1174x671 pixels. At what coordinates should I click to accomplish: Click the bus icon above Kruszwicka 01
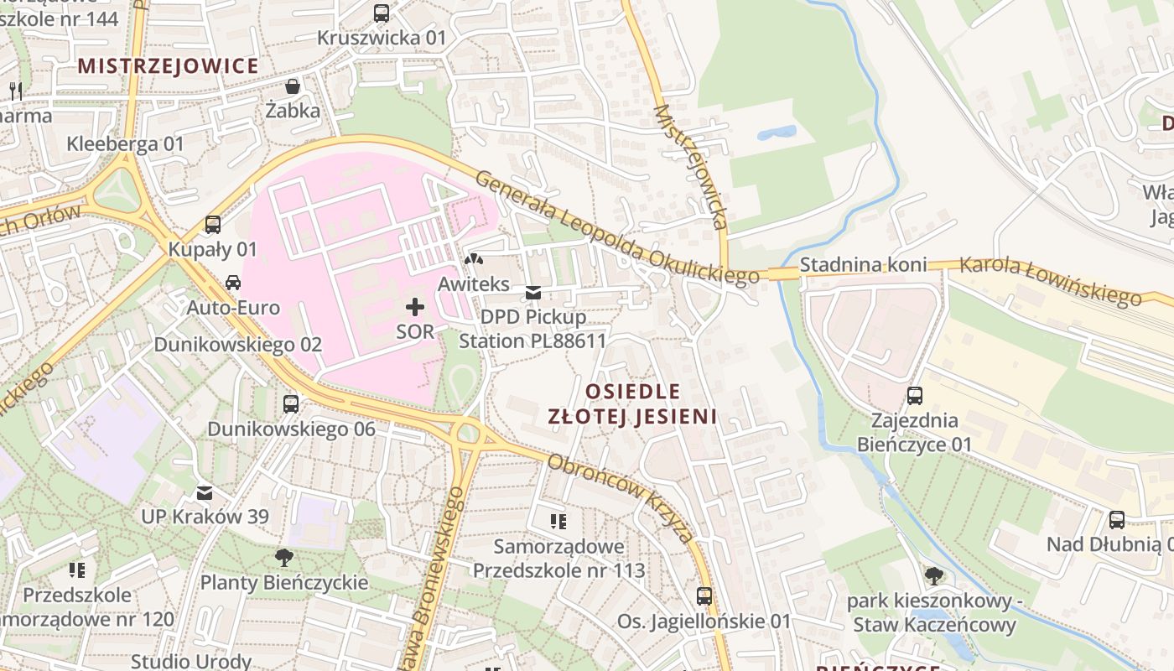pos(382,13)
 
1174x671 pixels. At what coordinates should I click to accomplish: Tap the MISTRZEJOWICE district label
pos(169,65)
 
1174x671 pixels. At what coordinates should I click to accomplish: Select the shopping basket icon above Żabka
pos(293,86)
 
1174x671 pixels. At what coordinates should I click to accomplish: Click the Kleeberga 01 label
pos(125,143)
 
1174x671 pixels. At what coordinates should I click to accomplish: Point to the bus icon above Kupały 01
pos(213,225)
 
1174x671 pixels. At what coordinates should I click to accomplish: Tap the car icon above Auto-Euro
pos(233,283)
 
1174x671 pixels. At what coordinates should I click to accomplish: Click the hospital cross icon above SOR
pos(415,307)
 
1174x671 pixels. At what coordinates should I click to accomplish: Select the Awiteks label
pos(474,284)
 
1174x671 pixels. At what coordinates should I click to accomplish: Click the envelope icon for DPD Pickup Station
pos(532,293)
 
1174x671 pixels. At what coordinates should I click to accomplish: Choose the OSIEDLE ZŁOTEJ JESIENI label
pos(632,403)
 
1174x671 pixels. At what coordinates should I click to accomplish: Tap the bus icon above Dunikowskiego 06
pos(291,404)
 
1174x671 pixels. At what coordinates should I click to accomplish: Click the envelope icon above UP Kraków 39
pos(205,492)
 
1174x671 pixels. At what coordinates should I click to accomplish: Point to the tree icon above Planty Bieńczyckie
pos(284,558)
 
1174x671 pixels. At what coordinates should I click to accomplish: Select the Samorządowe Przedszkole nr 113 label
pos(559,559)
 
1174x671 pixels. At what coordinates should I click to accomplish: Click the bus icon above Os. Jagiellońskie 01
pos(704,596)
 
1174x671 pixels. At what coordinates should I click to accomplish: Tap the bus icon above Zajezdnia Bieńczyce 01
pos(915,395)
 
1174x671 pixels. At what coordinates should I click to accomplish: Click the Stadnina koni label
pos(863,265)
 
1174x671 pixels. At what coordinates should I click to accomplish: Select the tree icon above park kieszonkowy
pos(934,575)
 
